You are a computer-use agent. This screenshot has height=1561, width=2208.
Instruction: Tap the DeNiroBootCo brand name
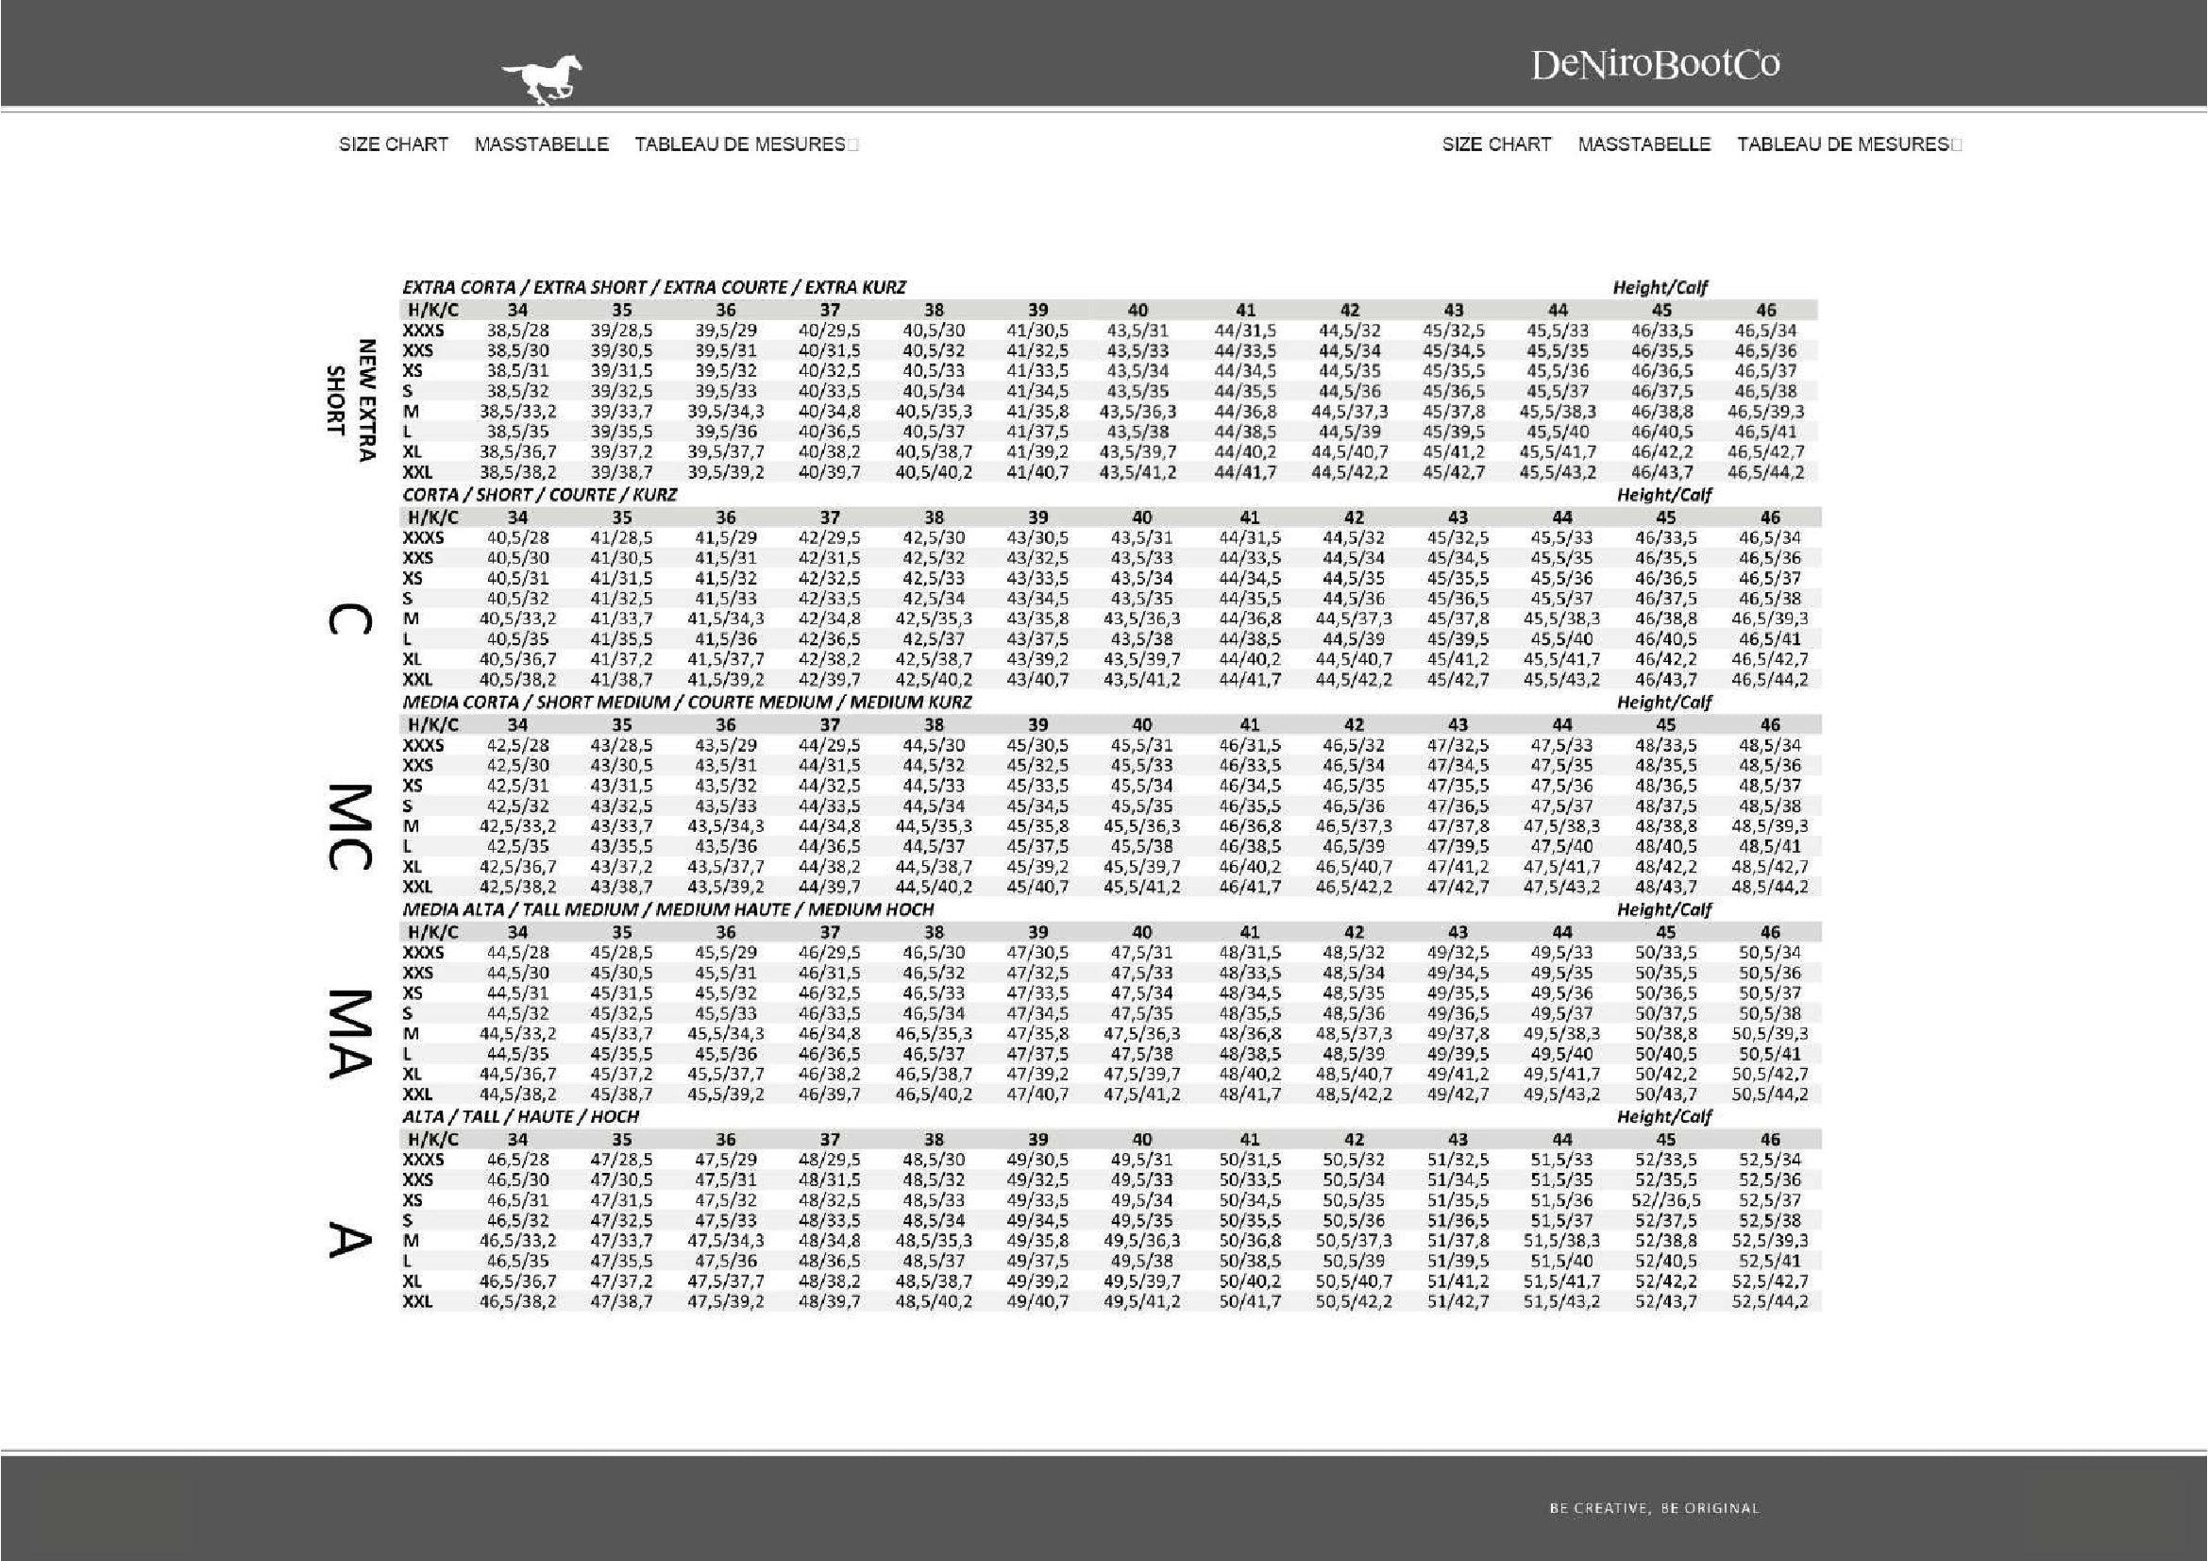pos(1654,64)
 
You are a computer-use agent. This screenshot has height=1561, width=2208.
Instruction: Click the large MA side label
pos(350,1033)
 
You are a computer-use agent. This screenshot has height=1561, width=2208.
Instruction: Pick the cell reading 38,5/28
pos(517,330)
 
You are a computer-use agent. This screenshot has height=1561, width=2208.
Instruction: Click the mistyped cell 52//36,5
pos(1666,1200)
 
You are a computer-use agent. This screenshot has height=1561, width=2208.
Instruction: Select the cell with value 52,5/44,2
pos(1769,1301)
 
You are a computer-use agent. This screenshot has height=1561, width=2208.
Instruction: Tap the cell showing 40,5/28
pos(517,537)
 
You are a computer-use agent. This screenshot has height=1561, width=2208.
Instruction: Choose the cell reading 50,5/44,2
pos(1769,1094)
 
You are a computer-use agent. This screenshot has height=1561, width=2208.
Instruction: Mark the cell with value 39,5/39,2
pos(726,472)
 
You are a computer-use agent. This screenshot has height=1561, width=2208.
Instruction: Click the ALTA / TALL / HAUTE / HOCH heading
pos(520,1116)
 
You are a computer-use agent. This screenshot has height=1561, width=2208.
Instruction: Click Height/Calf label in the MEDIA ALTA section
pos(1663,909)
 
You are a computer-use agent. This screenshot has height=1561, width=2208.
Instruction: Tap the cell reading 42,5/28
pos(517,745)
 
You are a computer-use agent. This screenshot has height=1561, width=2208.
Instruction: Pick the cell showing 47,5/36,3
pos(1141,1034)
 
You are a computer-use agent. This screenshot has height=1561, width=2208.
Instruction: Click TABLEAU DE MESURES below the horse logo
pos(739,144)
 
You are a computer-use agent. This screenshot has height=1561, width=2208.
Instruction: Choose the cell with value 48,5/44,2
pos(1769,887)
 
